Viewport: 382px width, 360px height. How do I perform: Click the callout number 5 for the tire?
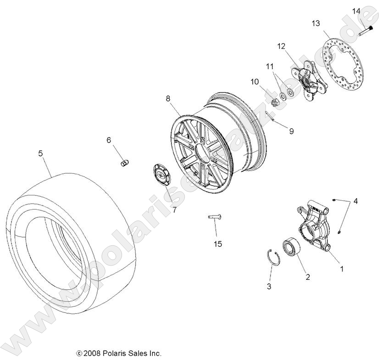pyautogui.click(x=40, y=154)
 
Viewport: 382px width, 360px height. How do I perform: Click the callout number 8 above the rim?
pyautogui.click(x=168, y=98)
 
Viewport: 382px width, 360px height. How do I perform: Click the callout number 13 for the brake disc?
pyautogui.click(x=316, y=23)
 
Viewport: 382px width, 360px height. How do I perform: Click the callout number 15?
pyautogui.click(x=218, y=244)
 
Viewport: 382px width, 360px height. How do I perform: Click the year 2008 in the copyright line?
pyautogui.click(x=92, y=354)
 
